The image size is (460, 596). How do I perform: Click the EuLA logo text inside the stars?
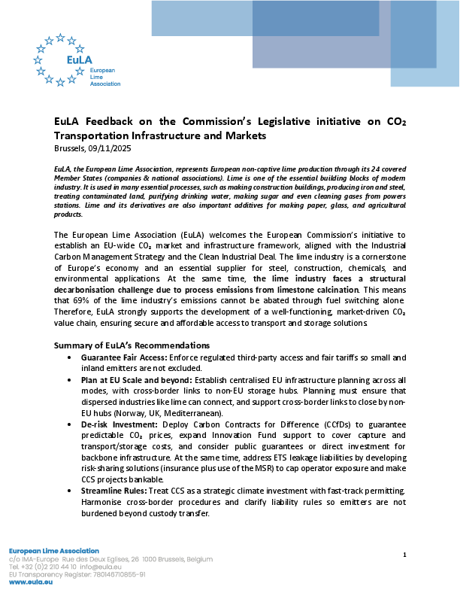61,59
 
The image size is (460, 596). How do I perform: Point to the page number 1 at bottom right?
404,555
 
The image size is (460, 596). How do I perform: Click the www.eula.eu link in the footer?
31,582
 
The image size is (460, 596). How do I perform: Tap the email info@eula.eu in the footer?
101,567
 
